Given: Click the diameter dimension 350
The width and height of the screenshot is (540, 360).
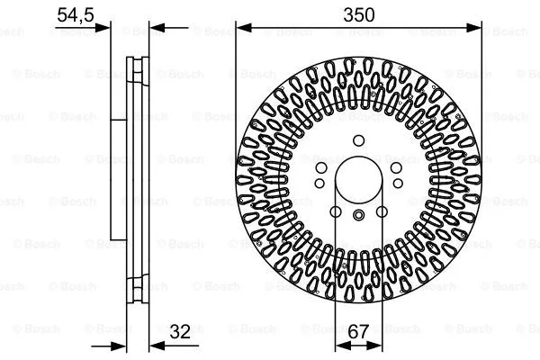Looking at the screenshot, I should pyautogui.click(x=358, y=15).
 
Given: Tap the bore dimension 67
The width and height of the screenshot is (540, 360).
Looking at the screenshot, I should pyautogui.click(x=359, y=332).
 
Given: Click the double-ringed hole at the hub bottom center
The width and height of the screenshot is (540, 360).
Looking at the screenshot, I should pyautogui.click(x=358, y=213).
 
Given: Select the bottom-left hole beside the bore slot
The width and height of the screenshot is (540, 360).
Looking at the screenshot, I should pyautogui.click(x=335, y=211).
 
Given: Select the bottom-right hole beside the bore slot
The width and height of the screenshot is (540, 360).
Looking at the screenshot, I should pyautogui.click(x=382, y=211).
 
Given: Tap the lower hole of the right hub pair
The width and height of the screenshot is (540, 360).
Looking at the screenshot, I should pyautogui.click(x=396, y=184).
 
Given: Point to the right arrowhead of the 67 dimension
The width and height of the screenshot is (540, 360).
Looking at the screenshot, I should pyautogui.click(x=378, y=344).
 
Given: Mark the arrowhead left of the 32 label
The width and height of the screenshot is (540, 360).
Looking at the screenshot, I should pyautogui.click(x=154, y=344).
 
